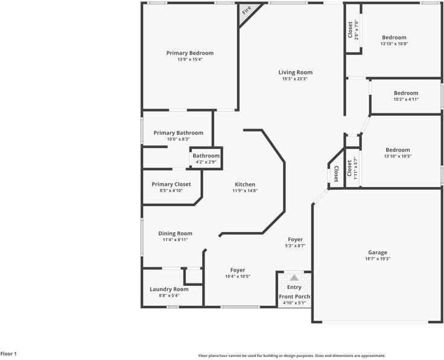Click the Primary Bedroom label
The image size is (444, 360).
pyautogui.click(x=189, y=53)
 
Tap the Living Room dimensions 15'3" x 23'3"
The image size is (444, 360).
pyautogui.click(x=295, y=79)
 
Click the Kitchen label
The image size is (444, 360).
pyautogui.click(x=245, y=185)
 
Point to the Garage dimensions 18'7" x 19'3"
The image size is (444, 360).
pyautogui.click(x=378, y=259)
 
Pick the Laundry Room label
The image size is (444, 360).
pyautogui.click(x=169, y=289)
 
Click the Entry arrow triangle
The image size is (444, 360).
pyautogui.click(x=294, y=278)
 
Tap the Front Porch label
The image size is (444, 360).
pyautogui.click(x=294, y=296)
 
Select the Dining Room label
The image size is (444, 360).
pyautogui.click(x=175, y=233)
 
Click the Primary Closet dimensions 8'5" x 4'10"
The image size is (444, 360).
pyautogui.click(x=171, y=191)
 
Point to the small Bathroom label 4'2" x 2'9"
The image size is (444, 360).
pyautogui.click(x=206, y=156)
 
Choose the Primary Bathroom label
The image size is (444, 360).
pyautogui.click(x=178, y=133)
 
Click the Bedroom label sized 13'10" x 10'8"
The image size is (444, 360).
pyautogui.click(x=394, y=37)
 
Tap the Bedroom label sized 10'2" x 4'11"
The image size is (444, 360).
pyautogui.click(x=406, y=93)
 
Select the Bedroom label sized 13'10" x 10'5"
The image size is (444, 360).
pyautogui.click(x=398, y=150)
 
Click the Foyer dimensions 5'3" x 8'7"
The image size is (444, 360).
pyautogui.click(x=295, y=246)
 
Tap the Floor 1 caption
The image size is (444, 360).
pyautogui.click(x=8, y=353)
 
